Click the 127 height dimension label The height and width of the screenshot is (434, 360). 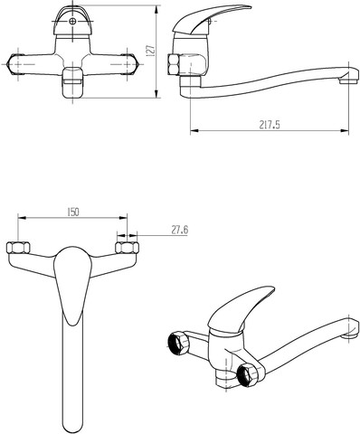[150, 50]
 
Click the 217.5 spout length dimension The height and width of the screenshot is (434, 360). [270, 125]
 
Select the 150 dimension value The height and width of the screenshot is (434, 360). [72, 212]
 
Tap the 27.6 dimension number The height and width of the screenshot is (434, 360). [180, 231]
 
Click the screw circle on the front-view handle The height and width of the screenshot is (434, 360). [72, 21]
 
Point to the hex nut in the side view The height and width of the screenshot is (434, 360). [173, 64]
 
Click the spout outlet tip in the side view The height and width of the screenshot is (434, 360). [349, 80]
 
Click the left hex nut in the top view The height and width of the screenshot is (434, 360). [18, 248]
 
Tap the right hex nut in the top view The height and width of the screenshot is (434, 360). [128, 248]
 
